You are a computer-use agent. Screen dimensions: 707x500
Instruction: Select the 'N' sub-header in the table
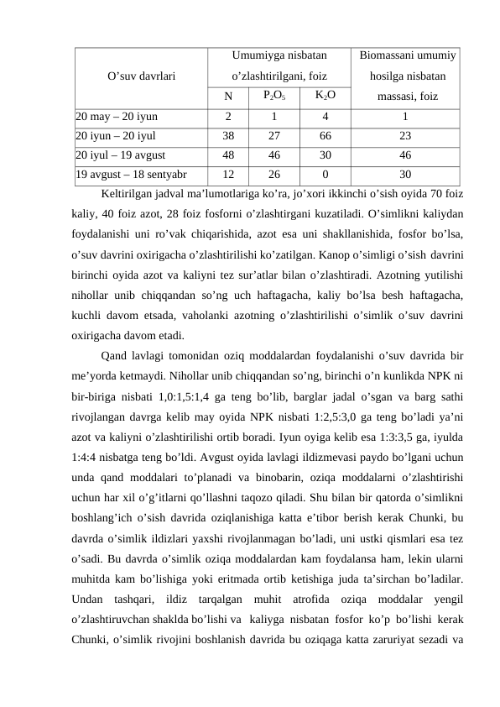[228, 95]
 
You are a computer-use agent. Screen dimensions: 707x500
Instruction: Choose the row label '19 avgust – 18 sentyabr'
[131, 175]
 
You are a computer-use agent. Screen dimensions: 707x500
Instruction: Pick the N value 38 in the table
[228, 136]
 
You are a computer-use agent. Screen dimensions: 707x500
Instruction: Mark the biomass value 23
[406, 136]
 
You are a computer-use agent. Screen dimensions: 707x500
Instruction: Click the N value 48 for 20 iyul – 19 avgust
[228, 155]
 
